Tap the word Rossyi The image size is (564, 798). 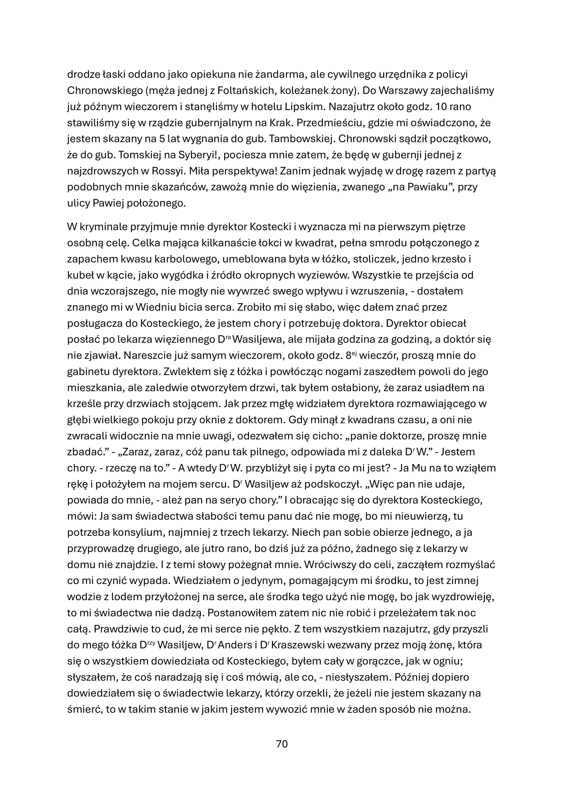(x=177, y=171)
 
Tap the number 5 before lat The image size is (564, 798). (x=162, y=139)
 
